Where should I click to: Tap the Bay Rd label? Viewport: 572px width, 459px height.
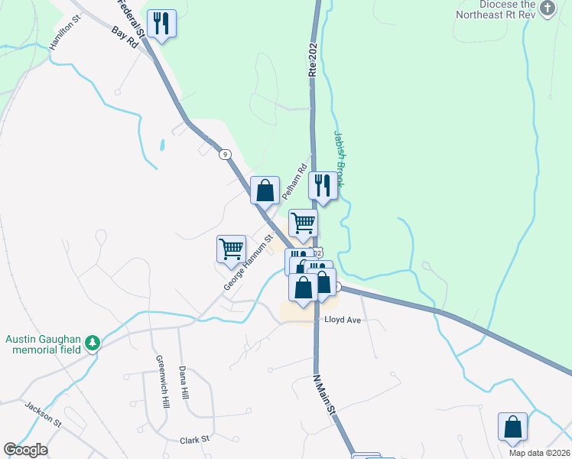pyautogui.click(x=124, y=37)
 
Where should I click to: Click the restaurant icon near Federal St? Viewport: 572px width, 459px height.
pyautogui.click(x=161, y=23)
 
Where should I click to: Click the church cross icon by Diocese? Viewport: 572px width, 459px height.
pyautogui.click(x=547, y=8)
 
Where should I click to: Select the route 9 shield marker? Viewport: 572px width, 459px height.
pyautogui.click(x=225, y=154)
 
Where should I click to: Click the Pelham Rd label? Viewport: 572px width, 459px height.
pyautogui.click(x=294, y=182)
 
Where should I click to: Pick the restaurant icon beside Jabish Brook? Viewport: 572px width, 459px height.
pyautogui.click(x=323, y=185)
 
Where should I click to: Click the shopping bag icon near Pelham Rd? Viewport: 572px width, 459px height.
pyautogui.click(x=265, y=190)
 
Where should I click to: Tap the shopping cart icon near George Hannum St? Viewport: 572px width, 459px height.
pyautogui.click(x=231, y=249)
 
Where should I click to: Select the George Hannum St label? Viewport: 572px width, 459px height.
pyautogui.click(x=249, y=262)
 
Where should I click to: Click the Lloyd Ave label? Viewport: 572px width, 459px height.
pyautogui.click(x=342, y=319)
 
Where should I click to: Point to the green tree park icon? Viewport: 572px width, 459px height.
pyautogui.click(x=93, y=342)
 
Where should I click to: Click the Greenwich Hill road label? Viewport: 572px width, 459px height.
pyautogui.click(x=162, y=382)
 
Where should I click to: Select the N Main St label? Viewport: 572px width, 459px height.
pyautogui.click(x=325, y=395)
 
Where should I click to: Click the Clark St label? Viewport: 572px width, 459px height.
pyautogui.click(x=194, y=440)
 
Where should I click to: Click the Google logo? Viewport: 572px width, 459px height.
pyautogui.click(x=25, y=450)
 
